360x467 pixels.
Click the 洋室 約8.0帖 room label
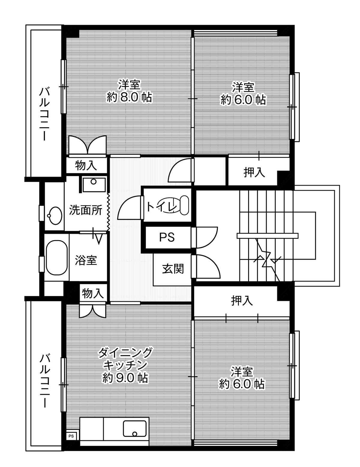(x=129, y=91)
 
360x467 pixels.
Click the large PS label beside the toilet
(x=167, y=237)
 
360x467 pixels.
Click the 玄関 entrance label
(x=173, y=269)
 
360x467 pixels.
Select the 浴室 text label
(x=86, y=260)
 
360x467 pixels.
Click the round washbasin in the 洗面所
(x=55, y=215)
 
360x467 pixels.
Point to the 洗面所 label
(x=85, y=210)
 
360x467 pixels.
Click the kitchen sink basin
(x=135, y=428)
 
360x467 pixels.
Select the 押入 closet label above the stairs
(x=254, y=172)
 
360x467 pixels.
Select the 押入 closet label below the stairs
(x=242, y=300)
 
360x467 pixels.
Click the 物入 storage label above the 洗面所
(x=86, y=165)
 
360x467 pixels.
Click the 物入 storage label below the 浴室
(x=93, y=293)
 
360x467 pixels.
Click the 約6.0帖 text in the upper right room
(x=243, y=100)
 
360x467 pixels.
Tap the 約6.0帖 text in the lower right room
(x=241, y=384)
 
